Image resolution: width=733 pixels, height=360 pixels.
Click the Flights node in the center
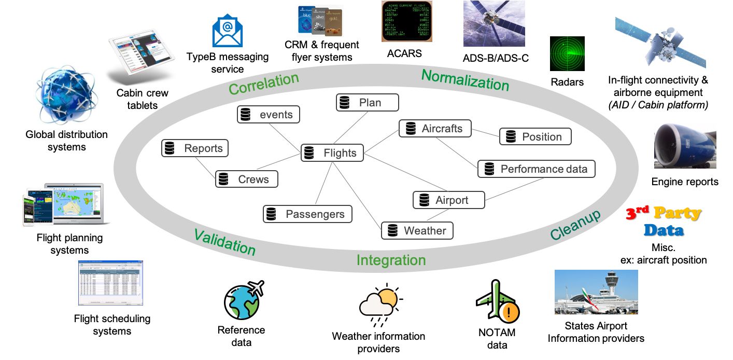coord(332,153)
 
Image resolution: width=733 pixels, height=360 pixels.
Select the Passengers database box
coord(307,214)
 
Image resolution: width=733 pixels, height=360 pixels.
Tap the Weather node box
coord(417,230)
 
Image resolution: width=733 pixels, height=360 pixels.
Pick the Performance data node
coord(536,169)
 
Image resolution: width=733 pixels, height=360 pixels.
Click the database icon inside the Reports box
coord(169,148)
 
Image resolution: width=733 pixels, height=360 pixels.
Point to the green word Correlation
coord(264,84)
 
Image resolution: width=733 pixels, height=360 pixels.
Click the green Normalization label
coord(465,80)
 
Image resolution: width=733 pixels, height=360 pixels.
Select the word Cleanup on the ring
coord(575,225)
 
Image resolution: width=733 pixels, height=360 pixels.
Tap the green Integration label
coord(391,260)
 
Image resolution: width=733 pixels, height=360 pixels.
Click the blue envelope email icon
coord(227,31)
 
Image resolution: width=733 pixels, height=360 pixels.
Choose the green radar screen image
coord(567,53)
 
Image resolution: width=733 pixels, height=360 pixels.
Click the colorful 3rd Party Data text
coord(664,221)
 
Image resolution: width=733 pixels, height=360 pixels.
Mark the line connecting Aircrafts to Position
coord(486,133)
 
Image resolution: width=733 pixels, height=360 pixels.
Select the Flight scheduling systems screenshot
coord(110,283)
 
